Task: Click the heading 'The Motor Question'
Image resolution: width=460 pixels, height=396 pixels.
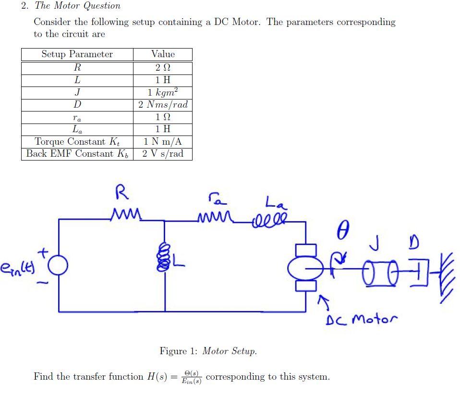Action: tap(77, 6)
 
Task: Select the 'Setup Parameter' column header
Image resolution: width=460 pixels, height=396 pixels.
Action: tap(77, 54)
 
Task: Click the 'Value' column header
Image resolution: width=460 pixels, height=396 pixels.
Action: tap(163, 54)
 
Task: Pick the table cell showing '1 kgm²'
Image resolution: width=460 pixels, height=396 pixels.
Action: tap(163, 92)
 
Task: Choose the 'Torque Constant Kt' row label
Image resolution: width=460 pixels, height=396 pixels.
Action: tap(77, 142)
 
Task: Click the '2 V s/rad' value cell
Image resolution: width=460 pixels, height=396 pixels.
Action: tap(163, 154)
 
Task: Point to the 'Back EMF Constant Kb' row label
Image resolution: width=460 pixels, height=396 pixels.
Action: tap(77, 154)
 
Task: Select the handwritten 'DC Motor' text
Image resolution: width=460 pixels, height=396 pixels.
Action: tap(362, 319)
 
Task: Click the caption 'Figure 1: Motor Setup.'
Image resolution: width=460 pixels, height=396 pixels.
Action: tap(208, 351)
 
